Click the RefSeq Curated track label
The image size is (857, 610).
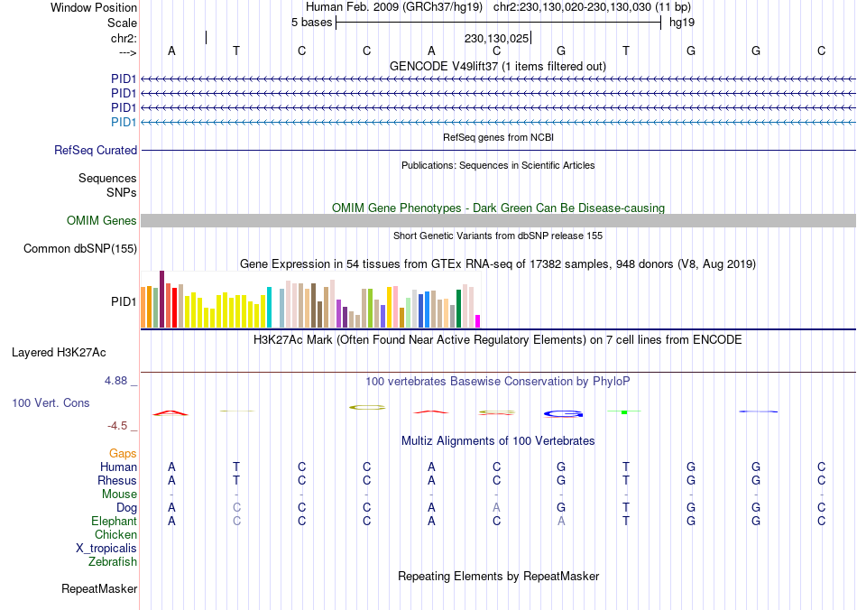pos(96,151)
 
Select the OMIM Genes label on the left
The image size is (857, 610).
pos(102,221)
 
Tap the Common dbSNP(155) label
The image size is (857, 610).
pos(80,249)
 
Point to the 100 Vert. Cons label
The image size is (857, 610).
pos(51,402)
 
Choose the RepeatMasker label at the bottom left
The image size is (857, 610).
pos(99,589)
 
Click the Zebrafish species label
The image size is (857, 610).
pos(113,562)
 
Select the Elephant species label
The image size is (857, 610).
pos(114,522)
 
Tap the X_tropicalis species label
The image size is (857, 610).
pos(106,549)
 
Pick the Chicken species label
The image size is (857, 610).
pos(115,535)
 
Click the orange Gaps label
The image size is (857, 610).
pos(123,454)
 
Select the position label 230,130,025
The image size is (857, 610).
pos(496,39)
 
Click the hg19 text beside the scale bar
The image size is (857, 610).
pos(681,21)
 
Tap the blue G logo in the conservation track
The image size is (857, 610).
pos(564,414)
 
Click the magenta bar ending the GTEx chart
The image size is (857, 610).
pos(478,321)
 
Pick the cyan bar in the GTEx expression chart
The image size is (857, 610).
pos(269,308)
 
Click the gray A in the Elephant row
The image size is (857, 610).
pos(561,522)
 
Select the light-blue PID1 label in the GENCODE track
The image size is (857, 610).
pos(124,123)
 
